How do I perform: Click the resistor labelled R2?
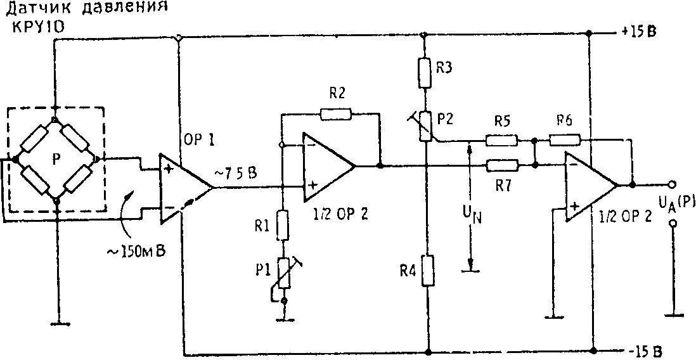click(335, 114)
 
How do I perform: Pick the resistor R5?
click(502, 140)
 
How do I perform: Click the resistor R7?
click(503, 166)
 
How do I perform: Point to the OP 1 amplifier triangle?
click(184, 188)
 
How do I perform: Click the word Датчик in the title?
click(34, 10)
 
